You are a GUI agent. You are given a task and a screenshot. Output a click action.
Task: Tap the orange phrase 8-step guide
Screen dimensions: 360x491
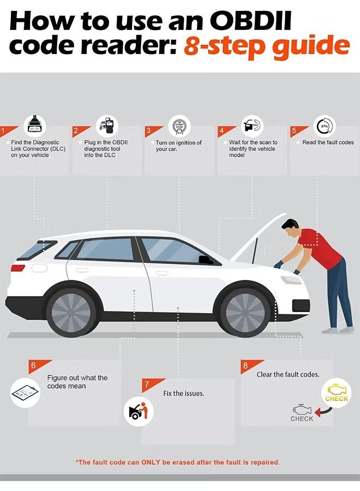(266, 46)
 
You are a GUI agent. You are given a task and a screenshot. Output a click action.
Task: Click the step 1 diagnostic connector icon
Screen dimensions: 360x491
(35, 124)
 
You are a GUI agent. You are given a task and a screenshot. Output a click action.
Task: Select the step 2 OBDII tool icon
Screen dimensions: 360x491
(107, 124)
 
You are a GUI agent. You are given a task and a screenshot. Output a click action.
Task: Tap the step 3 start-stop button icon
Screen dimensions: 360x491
(179, 125)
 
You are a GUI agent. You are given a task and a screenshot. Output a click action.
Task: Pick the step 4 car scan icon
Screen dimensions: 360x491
(253, 125)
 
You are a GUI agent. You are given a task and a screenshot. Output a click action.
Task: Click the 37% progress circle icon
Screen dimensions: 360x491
(325, 125)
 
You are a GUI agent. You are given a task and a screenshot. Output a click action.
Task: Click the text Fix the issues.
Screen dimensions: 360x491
(183, 393)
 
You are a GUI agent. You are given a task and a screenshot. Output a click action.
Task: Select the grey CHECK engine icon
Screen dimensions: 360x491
(302, 413)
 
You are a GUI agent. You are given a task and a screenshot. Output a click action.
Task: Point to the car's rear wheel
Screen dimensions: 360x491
(71, 313)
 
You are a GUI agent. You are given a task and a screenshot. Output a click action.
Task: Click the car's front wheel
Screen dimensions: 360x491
(245, 313)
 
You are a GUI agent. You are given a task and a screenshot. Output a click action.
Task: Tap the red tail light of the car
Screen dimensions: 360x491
(18, 268)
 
